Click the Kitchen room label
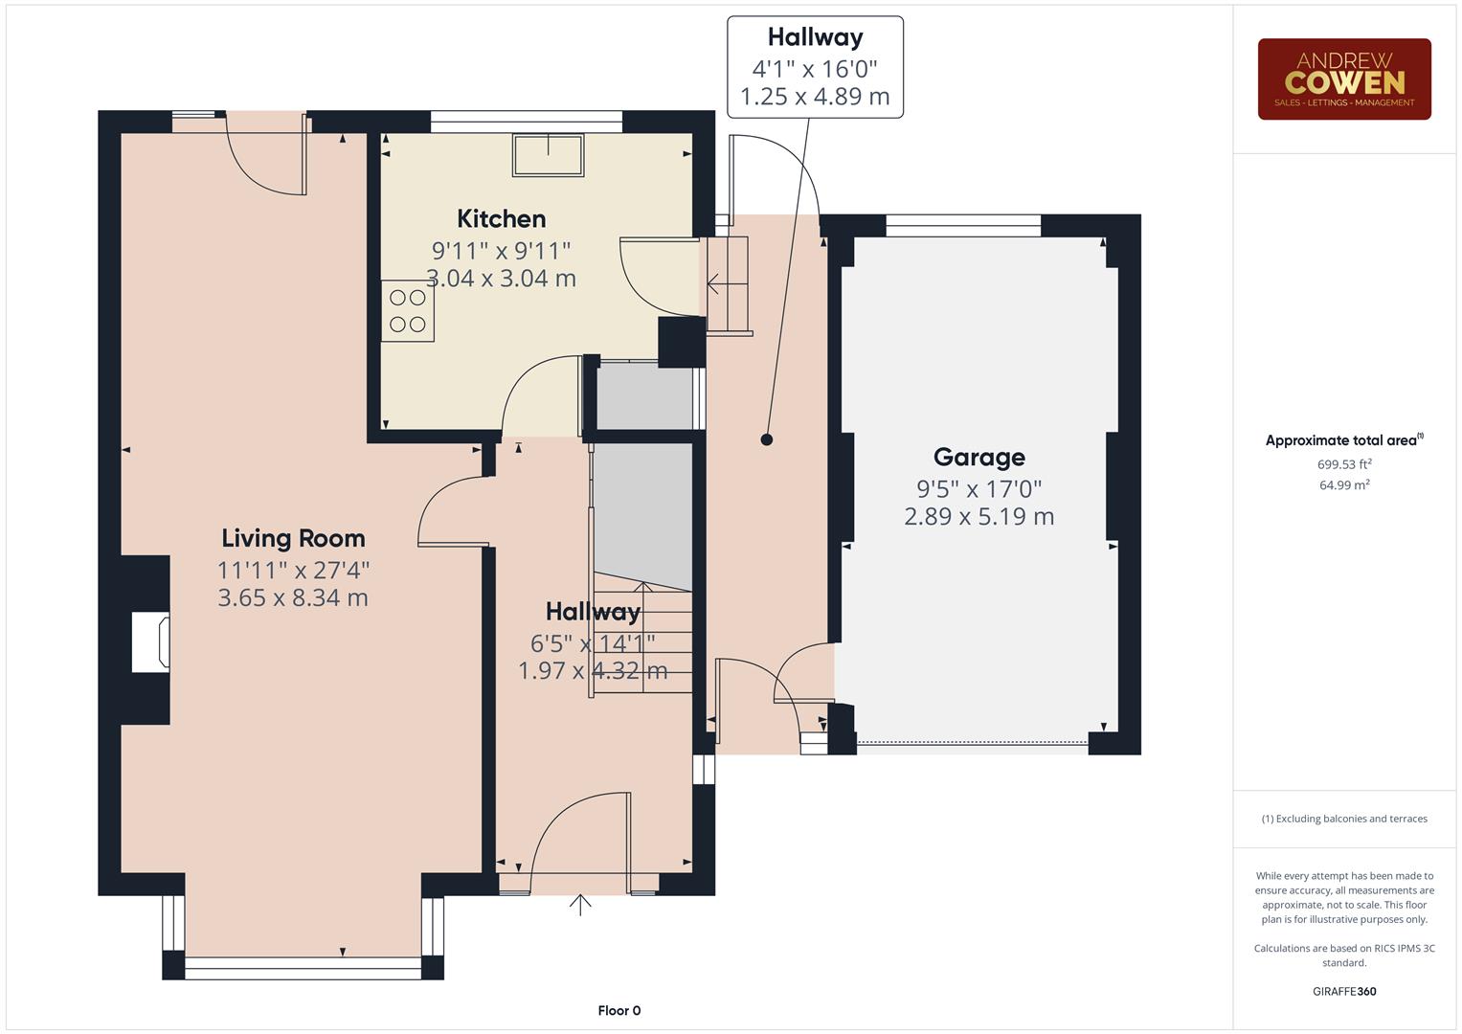pos(501,219)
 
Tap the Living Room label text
pos(293,538)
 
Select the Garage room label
pos(978,458)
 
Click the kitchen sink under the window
pos(548,155)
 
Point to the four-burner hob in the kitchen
pos(408,311)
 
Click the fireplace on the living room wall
pos(150,642)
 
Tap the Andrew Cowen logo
pos(1343,79)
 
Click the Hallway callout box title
pos(815,38)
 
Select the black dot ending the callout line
pos(766,440)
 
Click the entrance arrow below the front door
pos(580,905)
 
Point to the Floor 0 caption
pos(619,1010)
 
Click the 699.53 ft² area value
pos(1343,464)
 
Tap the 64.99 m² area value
pos(1343,485)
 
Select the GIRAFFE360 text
pos(1343,991)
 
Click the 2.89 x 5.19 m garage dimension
pos(978,517)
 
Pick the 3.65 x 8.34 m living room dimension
pos(293,598)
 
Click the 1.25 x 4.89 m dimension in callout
pos(815,97)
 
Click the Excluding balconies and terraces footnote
pos(1343,819)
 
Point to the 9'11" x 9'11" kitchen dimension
pos(501,251)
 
